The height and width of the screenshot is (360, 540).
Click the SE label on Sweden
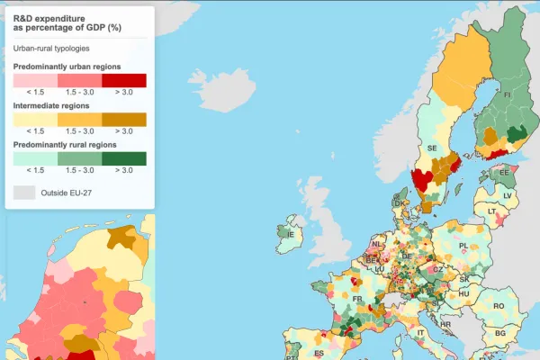coord(432,148)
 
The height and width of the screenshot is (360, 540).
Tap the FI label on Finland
coord(507,94)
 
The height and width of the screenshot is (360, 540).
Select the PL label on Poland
coord(463,245)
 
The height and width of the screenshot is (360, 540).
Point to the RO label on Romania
coord(499,306)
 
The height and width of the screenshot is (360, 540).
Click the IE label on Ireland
coord(290,235)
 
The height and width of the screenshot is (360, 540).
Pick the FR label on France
coord(357,298)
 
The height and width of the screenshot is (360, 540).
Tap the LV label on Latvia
coord(508,194)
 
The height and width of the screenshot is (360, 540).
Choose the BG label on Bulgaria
coord(499,333)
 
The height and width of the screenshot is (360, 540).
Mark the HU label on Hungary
coord(463,293)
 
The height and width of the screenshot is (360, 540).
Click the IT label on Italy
coord(419,332)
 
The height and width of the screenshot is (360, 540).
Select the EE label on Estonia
coord(504,172)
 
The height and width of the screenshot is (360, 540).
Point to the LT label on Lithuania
coord(492,211)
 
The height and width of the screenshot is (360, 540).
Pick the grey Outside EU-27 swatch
coord(24,192)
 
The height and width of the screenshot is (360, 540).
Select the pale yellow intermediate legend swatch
coord(35,120)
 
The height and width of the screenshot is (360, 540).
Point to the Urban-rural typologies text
coord(57,48)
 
